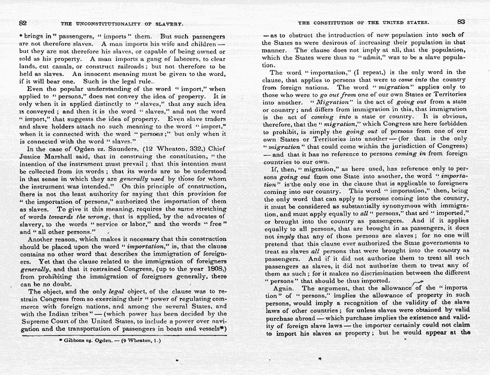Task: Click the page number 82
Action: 22,22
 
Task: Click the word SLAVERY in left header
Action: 169,23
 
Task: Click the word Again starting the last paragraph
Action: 283,289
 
